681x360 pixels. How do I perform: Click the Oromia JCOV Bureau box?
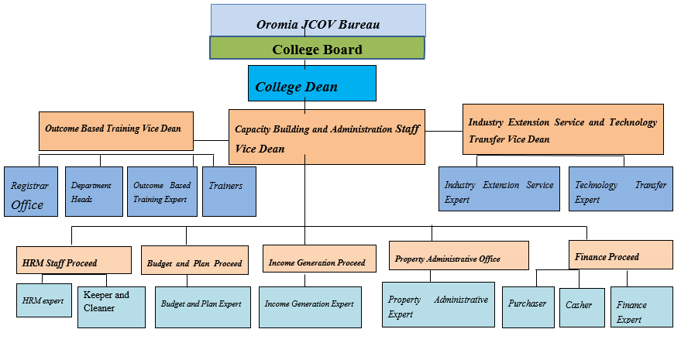point(318,20)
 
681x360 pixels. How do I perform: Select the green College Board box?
point(317,49)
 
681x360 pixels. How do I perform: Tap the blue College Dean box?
point(311,84)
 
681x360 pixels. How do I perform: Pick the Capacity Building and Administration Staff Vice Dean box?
point(326,136)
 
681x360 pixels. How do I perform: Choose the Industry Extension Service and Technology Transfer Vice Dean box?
point(562,129)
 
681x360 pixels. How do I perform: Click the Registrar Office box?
point(30,192)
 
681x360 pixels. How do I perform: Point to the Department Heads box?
point(93,192)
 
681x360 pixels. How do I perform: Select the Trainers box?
point(229,191)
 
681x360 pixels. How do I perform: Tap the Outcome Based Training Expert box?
point(162,192)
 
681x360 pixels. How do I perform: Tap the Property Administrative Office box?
point(458,255)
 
